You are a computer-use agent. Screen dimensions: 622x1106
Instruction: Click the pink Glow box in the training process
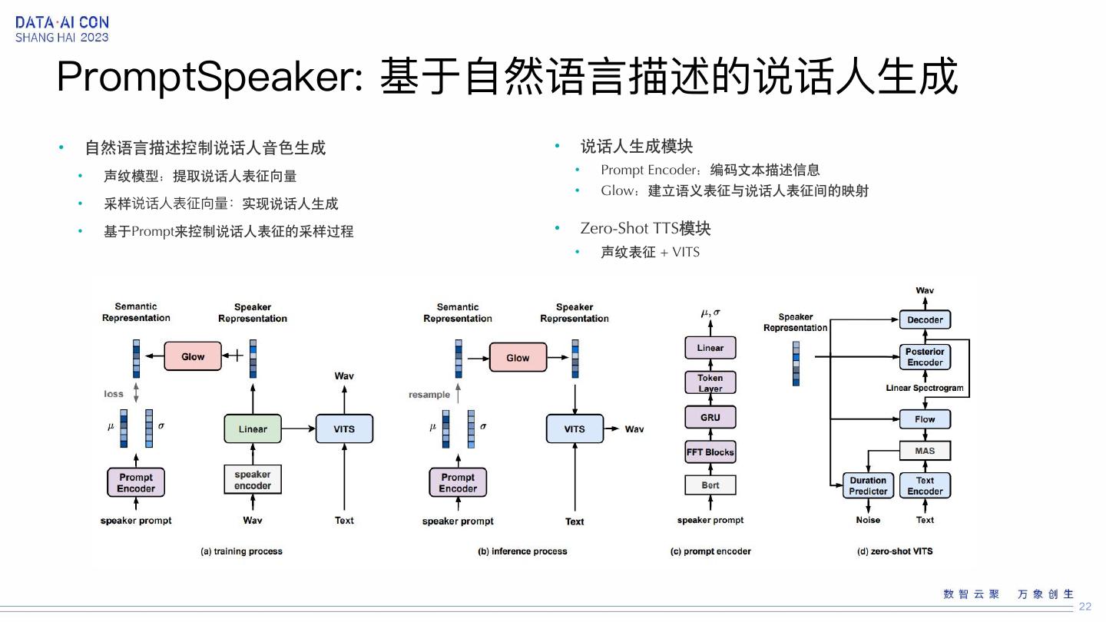point(193,356)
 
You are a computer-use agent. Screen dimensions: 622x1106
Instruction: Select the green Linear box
point(253,428)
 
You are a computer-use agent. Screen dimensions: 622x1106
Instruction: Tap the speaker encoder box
point(253,480)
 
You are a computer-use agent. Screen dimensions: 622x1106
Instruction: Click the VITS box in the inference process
point(575,428)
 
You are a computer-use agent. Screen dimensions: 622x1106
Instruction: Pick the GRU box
point(710,417)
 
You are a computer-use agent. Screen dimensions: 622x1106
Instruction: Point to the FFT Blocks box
point(710,452)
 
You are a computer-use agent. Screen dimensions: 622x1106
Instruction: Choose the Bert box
point(710,485)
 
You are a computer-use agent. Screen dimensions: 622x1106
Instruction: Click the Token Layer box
point(710,382)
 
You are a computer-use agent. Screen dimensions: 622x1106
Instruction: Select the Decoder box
point(925,319)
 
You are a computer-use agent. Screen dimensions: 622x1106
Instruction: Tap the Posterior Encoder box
point(925,356)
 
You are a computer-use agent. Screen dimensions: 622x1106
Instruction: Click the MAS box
point(925,450)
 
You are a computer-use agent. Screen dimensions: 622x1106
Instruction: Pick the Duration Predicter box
point(868,485)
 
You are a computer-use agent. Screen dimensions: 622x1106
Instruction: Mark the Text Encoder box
point(925,485)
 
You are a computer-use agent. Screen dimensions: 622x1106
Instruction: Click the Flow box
point(925,419)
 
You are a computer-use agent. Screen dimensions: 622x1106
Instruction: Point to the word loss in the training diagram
point(114,394)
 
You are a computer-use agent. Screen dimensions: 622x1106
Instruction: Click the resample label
point(429,395)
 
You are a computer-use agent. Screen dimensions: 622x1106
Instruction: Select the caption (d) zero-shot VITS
point(895,551)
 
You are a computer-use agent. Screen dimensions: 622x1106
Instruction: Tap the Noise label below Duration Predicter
point(868,520)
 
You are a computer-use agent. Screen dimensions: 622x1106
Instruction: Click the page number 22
point(1084,607)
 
